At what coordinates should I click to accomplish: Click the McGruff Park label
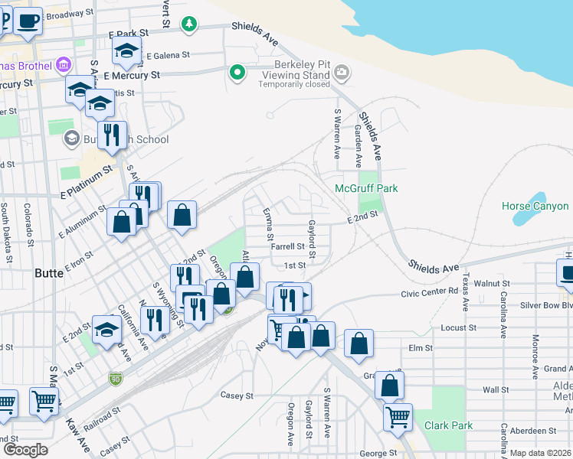tap(367, 188)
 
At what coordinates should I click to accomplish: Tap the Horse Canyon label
tap(535, 206)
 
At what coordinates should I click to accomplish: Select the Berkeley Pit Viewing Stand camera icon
tap(342, 73)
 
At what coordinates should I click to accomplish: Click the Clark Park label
tap(447, 426)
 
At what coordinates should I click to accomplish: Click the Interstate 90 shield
tap(115, 378)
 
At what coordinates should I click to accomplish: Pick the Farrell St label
tap(288, 247)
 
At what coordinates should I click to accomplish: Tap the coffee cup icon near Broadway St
tap(28, 20)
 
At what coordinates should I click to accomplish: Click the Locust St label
tap(459, 327)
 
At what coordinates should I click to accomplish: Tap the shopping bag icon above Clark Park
tap(389, 386)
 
